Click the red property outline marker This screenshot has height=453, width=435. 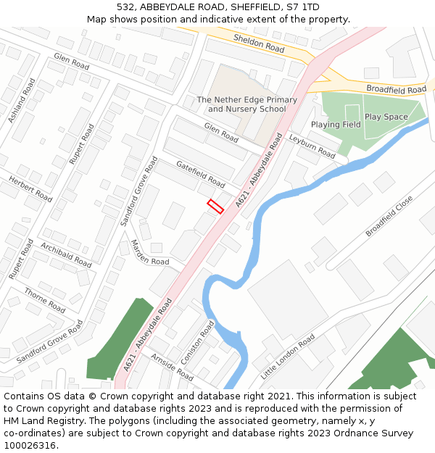coord(215,206)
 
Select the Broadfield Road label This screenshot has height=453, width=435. coord(396,89)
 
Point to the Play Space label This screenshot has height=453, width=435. coord(386,117)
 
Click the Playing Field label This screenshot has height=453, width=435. coord(336,125)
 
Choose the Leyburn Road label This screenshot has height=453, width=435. coord(312,146)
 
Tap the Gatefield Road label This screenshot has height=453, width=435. coord(200,173)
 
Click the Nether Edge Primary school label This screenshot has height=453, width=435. coord(246,104)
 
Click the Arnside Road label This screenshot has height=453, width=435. coord(172,367)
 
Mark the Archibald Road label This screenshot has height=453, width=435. coord(66,254)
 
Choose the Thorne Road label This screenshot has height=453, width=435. coord(45,299)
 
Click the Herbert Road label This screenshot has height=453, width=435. coord(30,188)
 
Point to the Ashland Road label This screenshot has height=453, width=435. coord(22,100)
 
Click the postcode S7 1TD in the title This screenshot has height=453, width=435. coord(304,7)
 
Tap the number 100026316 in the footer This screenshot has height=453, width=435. coord(30,446)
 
